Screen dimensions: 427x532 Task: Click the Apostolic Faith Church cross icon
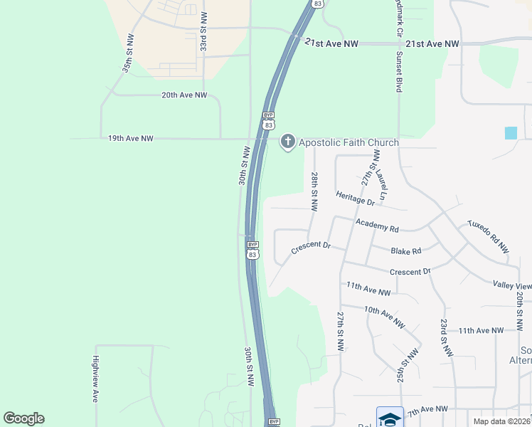288,142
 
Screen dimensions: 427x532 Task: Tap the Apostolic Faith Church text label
349,143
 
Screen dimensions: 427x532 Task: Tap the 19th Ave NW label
130,137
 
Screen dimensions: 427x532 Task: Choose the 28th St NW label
314,191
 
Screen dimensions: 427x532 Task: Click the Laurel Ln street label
382,184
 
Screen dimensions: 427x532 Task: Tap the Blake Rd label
406,251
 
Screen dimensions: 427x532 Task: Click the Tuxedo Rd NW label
488,236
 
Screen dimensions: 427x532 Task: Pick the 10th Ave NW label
384,317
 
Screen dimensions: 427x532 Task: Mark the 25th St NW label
405,364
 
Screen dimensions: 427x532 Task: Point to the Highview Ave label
95,379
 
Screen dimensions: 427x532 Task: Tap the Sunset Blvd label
399,72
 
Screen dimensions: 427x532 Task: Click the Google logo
24,418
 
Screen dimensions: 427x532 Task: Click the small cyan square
511,132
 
